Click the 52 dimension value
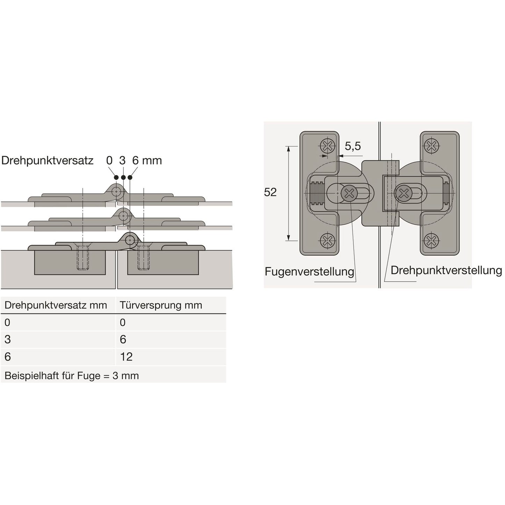270,192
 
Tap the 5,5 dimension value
353,146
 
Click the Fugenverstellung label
310,272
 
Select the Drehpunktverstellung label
446,270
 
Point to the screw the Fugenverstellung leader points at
349,194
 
